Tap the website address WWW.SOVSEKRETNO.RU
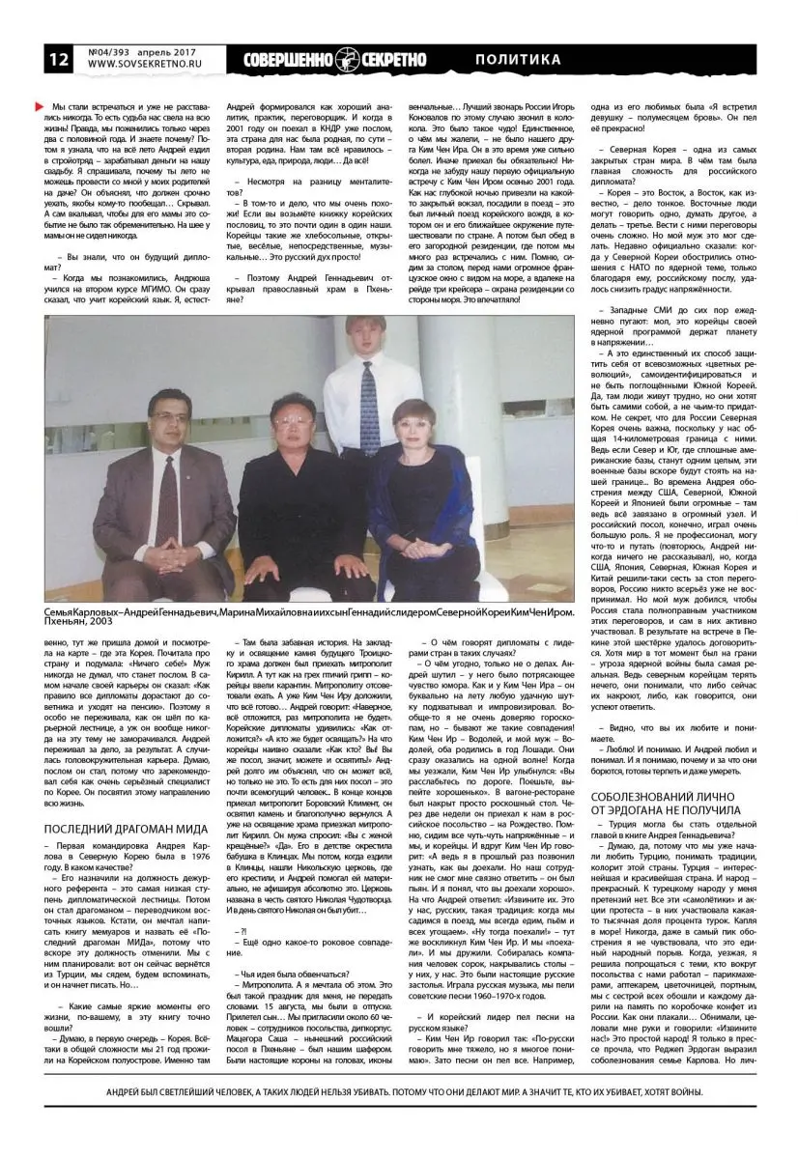click(140, 67)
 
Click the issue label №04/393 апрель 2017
click(138, 51)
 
